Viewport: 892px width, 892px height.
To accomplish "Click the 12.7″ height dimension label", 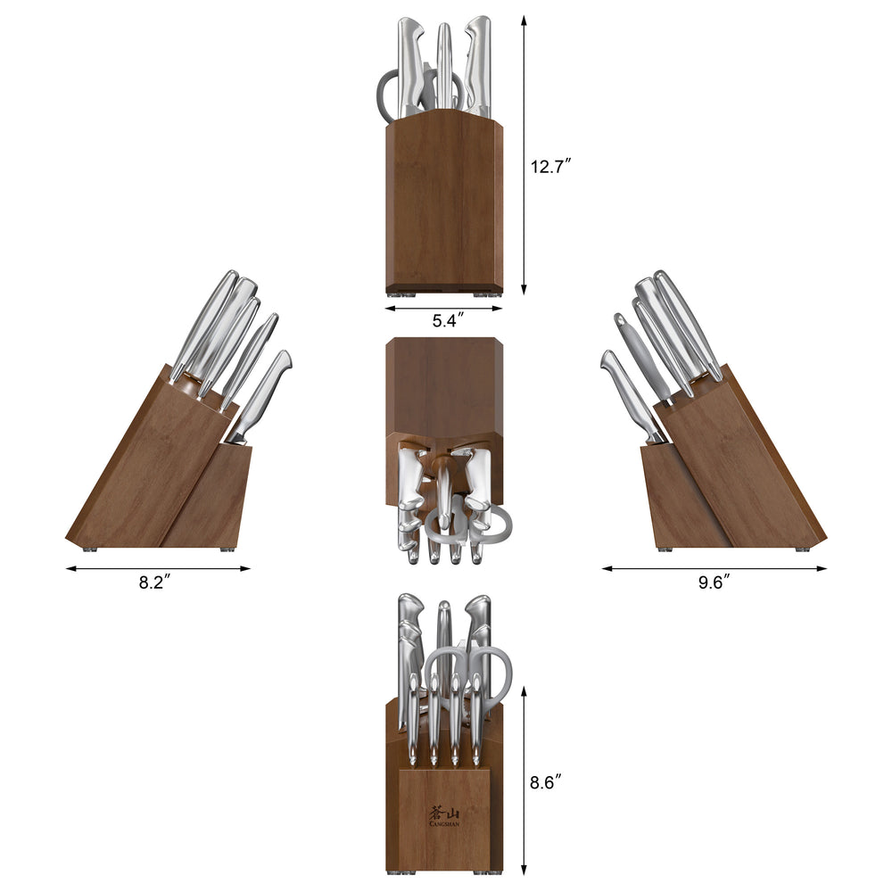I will (x=550, y=166).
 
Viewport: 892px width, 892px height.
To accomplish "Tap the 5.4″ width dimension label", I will (x=444, y=321).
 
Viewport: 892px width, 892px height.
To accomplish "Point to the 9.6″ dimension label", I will (x=714, y=582).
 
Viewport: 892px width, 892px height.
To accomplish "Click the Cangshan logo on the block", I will (x=444, y=817).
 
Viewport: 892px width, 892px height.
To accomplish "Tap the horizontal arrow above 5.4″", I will (x=444, y=309).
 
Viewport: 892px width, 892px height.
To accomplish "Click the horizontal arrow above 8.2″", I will (x=158, y=567).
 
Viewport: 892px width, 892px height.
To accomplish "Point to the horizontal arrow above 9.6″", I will (x=714, y=567).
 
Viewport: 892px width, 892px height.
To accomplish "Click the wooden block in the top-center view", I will (x=444, y=205).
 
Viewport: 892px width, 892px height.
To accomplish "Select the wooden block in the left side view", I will (x=143, y=473).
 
